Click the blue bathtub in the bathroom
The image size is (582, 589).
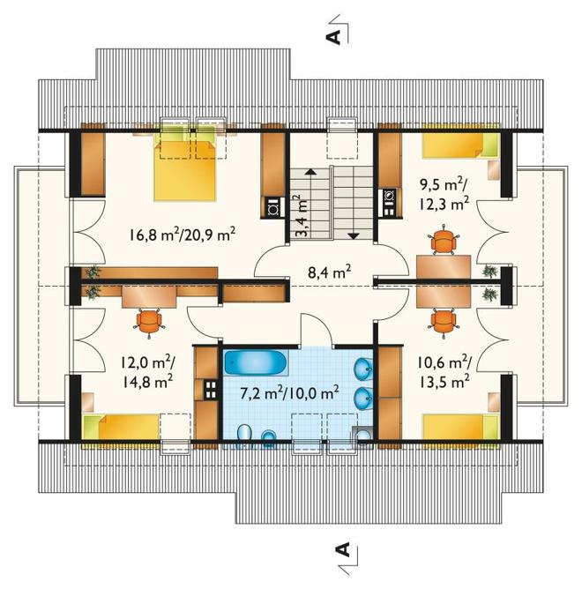pyautogui.click(x=256, y=363)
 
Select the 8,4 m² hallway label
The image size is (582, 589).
pyautogui.click(x=330, y=272)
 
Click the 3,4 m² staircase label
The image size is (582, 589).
pyautogui.click(x=301, y=215)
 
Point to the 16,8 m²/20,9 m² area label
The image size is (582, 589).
pyautogui.click(x=183, y=235)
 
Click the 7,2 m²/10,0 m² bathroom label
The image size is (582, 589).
pyautogui.click(x=289, y=393)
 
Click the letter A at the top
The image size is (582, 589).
pyautogui.click(x=332, y=37)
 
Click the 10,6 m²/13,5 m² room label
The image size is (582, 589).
pyautogui.click(x=444, y=372)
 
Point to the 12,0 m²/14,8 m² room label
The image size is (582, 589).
pyautogui.click(x=147, y=372)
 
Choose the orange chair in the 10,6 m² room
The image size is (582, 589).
pyautogui.click(x=444, y=322)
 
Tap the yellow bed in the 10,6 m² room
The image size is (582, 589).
pyautogui.click(x=461, y=427)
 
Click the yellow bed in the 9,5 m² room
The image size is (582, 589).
pyautogui.click(x=461, y=145)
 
